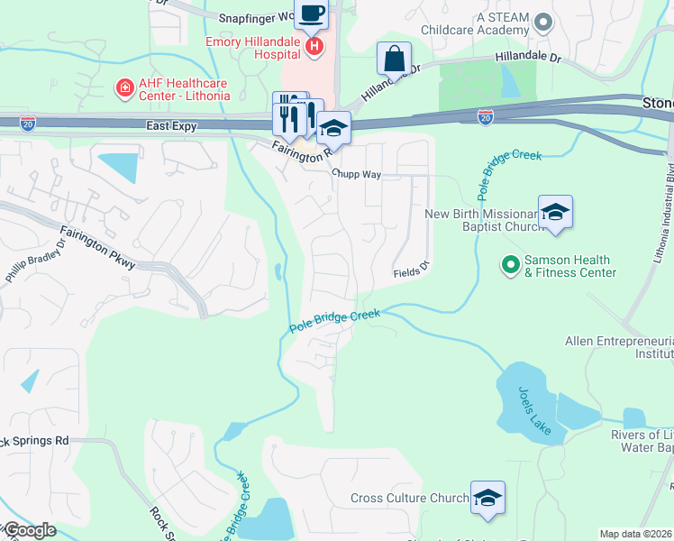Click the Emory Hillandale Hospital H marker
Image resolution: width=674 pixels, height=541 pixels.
(314, 47)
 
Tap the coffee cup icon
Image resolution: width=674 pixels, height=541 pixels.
(312, 14)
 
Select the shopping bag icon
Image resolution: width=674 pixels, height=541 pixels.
(394, 59)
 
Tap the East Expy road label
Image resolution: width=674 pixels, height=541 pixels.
(171, 126)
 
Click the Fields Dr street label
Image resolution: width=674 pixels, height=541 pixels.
(413, 273)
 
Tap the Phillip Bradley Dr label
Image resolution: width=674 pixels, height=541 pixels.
(36, 262)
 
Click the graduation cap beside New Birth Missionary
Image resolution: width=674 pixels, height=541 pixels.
(555, 213)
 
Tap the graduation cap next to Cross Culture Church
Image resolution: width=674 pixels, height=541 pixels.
(487, 498)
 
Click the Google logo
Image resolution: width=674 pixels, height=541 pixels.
(29, 530)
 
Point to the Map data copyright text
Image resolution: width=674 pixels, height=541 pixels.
(635, 534)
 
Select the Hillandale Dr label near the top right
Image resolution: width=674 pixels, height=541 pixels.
(527, 58)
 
